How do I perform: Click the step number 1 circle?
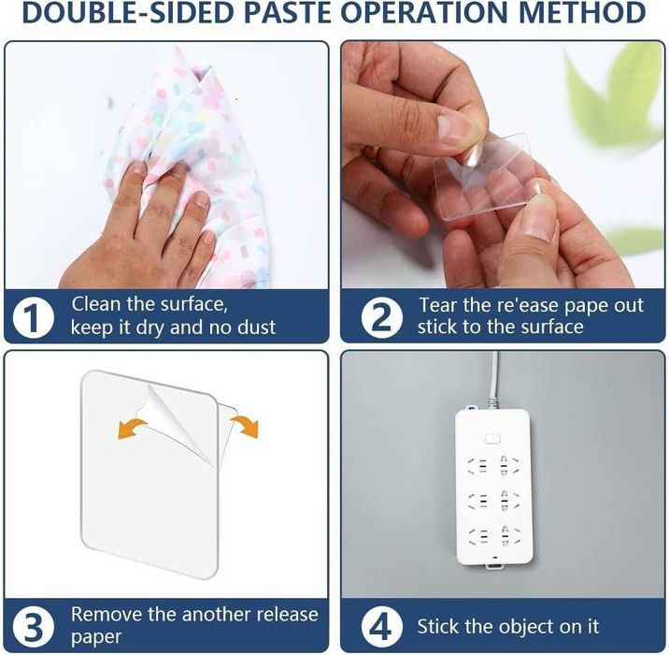click(x=34, y=317)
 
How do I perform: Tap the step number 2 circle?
click(x=382, y=317)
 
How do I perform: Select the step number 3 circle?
click(x=34, y=627)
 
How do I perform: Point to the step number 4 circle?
click(x=382, y=627)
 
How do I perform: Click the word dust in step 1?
click(x=256, y=327)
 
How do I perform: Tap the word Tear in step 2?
click(x=438, y=305)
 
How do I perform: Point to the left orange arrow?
click(x=132, y=429)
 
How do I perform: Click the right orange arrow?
click(x=246, y=427)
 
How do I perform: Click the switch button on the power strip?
click(x=491, y=439)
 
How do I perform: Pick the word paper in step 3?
click(x=96, y=637)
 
